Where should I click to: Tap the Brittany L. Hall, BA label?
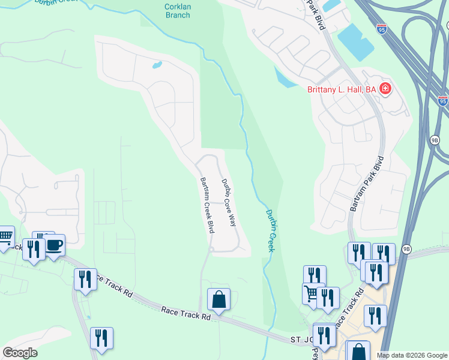tap(337, 89)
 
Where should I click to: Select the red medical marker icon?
tap(385, 90)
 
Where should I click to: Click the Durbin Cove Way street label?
tap(228, 202)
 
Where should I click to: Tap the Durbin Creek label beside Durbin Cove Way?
tap(270, 230)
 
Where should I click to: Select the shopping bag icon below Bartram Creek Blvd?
tap(219, 299)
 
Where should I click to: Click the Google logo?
tap(20, 353)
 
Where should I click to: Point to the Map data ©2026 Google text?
tap(412, 355)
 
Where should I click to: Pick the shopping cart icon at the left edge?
tap(5, 236)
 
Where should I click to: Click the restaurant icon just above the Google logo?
tap(101, 338)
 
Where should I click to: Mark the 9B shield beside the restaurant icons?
tap(406, 248)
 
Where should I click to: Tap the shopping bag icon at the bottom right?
tap(358, 351)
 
